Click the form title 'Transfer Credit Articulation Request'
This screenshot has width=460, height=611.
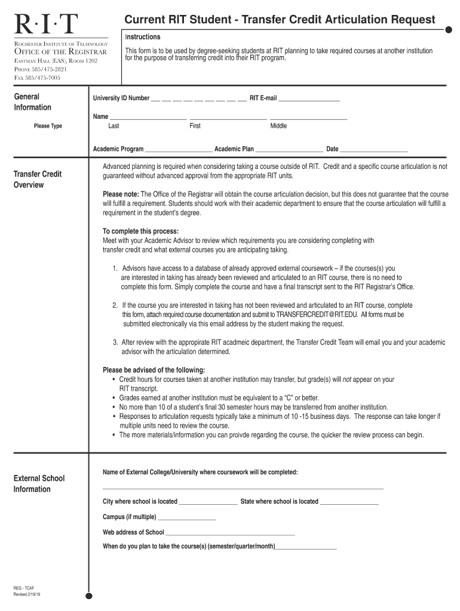tap(280, 20)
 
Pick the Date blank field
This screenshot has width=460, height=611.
tap(373, 150)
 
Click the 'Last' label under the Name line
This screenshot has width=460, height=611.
tap(114, 126)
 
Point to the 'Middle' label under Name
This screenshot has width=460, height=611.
tap(278, 126)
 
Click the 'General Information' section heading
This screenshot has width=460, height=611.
tap(32, 102)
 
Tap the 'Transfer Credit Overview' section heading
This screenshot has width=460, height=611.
tap(37, 180)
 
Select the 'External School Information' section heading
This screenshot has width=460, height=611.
tap(39, 484)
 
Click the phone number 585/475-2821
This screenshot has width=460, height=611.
tap(41, 69)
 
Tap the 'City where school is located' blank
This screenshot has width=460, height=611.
tap(208, 502)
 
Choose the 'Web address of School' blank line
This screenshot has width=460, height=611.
tap(230, 533)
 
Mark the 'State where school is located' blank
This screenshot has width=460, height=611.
tap(349, 502)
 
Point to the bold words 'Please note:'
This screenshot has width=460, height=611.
tap(121, 195)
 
